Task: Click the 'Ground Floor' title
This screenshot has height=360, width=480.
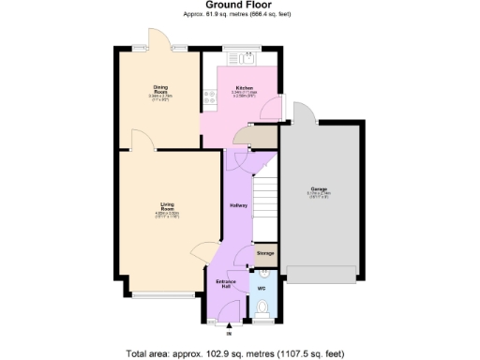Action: [239, 5]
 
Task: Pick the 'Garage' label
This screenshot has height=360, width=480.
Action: [320, 189]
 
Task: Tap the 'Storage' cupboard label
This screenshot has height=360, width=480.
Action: [264, 253]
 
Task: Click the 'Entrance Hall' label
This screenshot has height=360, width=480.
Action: [225, 283]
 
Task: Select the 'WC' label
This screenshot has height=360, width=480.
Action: [262, 288]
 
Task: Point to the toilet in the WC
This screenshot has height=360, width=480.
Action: [262, 308]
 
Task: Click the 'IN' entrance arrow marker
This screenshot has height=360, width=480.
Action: [228, 332]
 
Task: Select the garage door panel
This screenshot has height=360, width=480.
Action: [322, 274]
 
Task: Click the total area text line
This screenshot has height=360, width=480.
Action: [239, 353]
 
